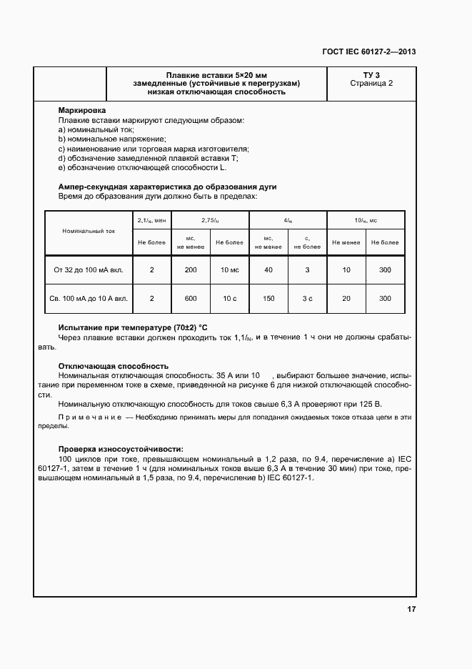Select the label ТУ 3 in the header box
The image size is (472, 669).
[x=371, y=74]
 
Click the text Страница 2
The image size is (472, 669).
[x=371, y=83]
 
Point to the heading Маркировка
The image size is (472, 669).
[x=82, y=111]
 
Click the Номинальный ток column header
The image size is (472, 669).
[x=88, y=232]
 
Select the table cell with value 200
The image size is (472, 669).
[x=191, y=270]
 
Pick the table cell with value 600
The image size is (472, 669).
[x=191, y=298]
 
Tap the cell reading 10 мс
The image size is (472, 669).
[x=229, y=270]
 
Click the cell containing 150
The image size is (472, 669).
[x=268, y=298]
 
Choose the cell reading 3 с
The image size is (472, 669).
[x=307, y=298]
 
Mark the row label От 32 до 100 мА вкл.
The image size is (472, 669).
[x=88, y=270]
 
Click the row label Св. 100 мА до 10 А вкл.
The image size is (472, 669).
[x=88, y=298]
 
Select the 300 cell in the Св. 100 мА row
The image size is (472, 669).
[x=385, y=298]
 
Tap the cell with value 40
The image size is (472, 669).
[x=268, y=270]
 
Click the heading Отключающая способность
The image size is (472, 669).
[x=113, y=365]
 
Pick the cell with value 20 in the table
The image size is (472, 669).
[x=346, y=298]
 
